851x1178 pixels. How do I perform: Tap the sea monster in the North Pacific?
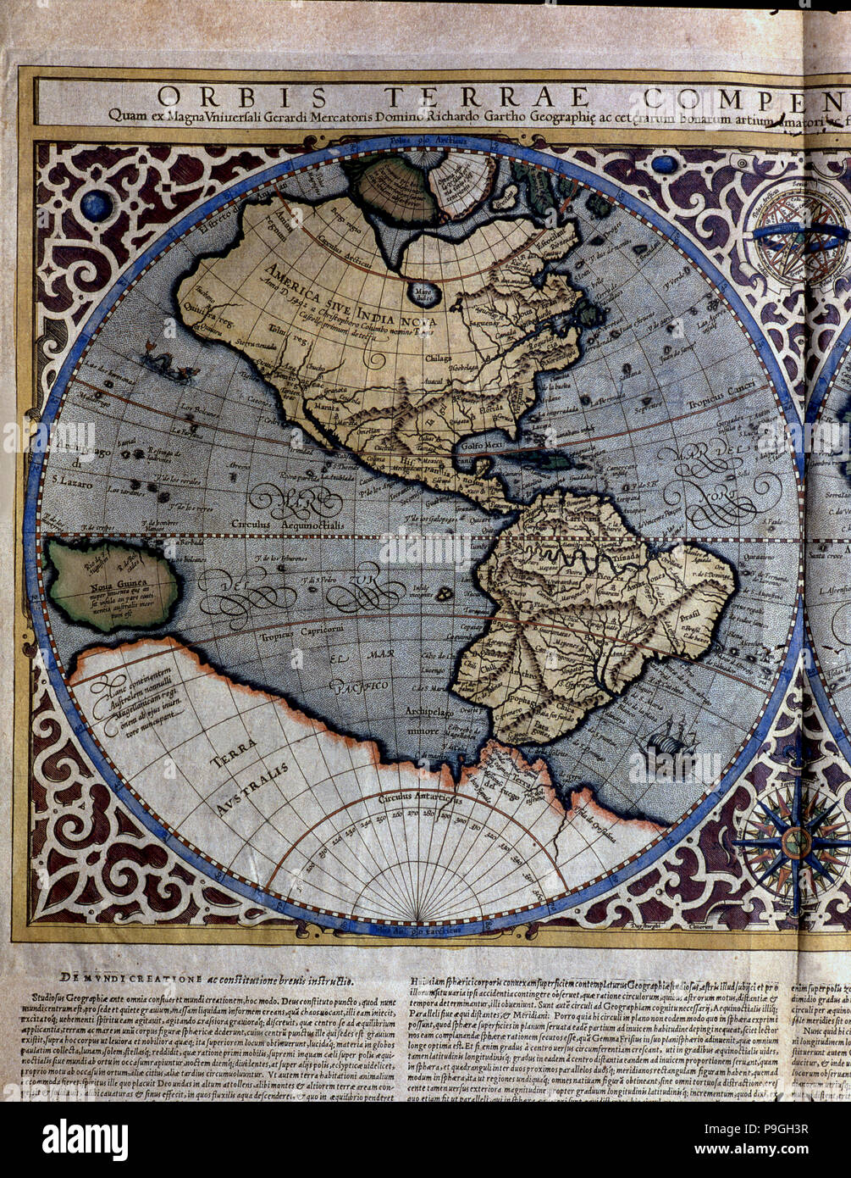coord(168,365)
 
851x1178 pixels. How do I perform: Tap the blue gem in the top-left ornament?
coord(96,204)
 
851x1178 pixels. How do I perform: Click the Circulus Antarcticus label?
coord(421,798)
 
